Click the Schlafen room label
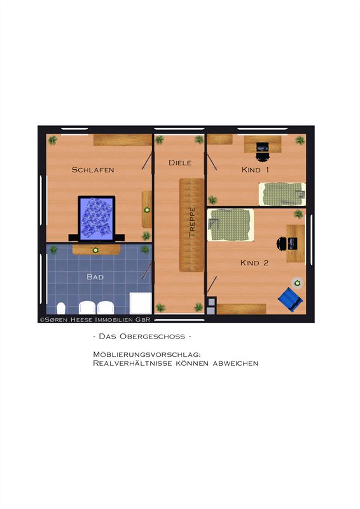pyautogui.click(x=93, y=170)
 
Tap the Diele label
pyautogui.click(x=180, y=163)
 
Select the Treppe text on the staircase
pyautogui.click(x=192, y=222)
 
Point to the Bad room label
pyautogui.click(x=95, y=277)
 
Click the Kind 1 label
pyautogui.click(x=255, y=170)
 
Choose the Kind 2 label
pyautogui.click(x=254, y=263)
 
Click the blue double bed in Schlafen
pyautogui.click(x=97, y=218)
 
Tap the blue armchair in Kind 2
pyautogui.click(x=291, y=300)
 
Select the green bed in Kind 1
pyautogui.click(x=282, y=194)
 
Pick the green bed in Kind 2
pyautogui.click(x=230, y=225)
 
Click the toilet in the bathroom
pyautogui.click(x=61, y=308)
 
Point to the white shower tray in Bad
pyautogui.click(x=141, y=303)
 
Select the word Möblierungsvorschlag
pyautogui.click(x=147, y=354)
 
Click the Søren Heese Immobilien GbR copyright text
pyautogui.click(x=95, y=320)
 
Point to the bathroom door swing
pyautogui.click(x=147, y=270)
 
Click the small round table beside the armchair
pyautogui.click(x=297, y=283)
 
